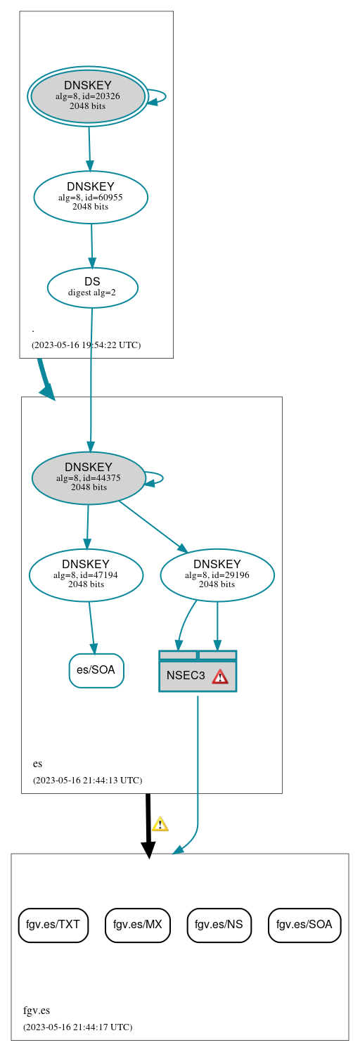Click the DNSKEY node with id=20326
[x=88, y=96]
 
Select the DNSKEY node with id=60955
[x=91, y=197]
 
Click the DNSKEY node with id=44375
[x=89, y=477]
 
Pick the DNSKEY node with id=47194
[x=86, y=575]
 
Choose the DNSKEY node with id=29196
[x=217, y=575]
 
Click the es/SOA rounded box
[x=96, y=670]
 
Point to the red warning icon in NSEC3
[x=220, y=676]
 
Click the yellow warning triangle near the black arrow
[x=160, y=824]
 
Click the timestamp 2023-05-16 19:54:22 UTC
[x=86, y=345]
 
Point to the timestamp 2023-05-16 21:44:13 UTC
[x=87, y=780]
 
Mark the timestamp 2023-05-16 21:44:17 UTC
[x=77, y=1027]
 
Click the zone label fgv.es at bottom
[x=37, y=1011]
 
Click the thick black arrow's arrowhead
[x=148, y=849]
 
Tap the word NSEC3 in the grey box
[x=186, y=676]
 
